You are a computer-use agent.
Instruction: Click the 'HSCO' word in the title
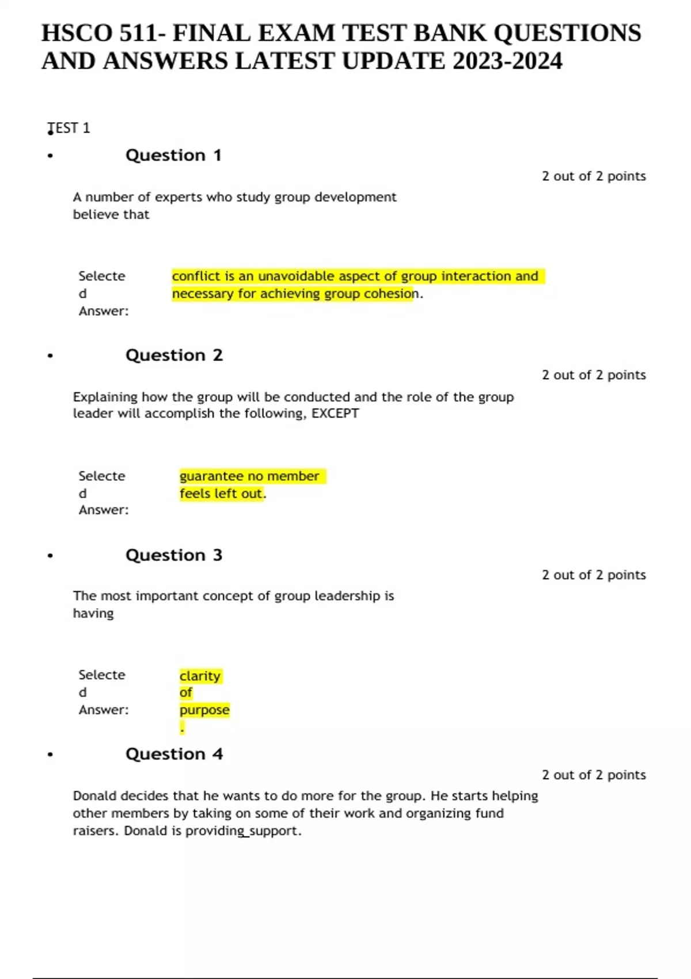click(x=77, y=33)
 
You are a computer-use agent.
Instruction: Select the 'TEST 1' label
click(x=69, y=128)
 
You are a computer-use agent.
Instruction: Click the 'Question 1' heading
click(x=173, y=155)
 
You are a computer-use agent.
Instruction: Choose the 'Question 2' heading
click(x=174, y=355)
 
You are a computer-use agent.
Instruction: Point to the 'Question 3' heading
click(x=174, y=555)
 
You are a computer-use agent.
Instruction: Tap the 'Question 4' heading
click(x=174, y=754)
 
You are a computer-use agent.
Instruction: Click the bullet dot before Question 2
click(x=51, y=356)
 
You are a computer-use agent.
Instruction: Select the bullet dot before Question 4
click(x=51, y=754)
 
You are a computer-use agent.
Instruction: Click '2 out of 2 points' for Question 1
click(x=594, y=176)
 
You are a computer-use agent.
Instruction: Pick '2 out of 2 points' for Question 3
click(x=594, y=575)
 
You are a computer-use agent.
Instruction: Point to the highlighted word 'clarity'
click(x=200, y=676)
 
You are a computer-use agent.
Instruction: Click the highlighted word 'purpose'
click(x=204, y=710)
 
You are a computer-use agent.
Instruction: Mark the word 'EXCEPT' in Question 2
click(x=335, y=413)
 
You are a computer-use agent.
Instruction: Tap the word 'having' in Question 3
click(x=93, y=613)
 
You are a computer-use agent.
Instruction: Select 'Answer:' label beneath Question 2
click(x=104, y=510)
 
